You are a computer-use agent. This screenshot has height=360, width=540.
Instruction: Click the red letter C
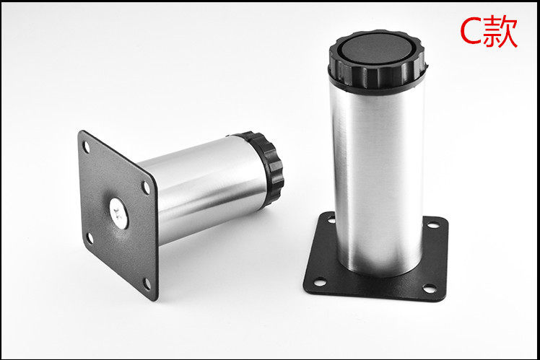(471, 32)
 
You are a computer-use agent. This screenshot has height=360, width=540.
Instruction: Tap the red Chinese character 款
(500, 32)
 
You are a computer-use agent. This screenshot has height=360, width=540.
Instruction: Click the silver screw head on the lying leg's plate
(119, 214)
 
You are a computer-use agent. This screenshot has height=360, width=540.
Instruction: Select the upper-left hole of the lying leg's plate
(86, 146)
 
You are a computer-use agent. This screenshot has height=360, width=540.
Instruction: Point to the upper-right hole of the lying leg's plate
(147, 188)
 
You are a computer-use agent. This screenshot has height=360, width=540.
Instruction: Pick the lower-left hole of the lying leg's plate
(90, 238)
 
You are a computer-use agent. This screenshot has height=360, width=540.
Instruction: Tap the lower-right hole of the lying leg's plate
(147, 284)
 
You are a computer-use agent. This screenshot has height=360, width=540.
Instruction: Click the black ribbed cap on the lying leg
(265, 167)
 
